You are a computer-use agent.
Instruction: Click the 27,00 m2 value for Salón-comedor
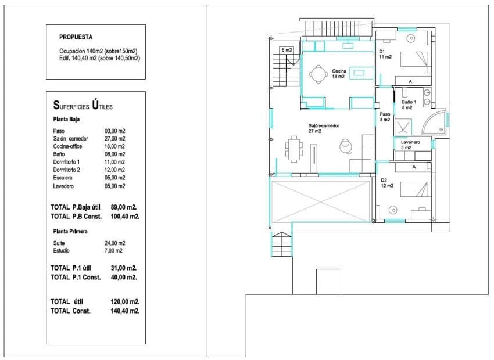[x=114, y=139]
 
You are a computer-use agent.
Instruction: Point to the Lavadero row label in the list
[x=64, y=186]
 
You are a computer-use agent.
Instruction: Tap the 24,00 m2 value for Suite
[x=114, y=243]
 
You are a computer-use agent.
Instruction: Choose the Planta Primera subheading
[x=70, y=231]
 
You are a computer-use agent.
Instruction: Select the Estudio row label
[x=61, y=250]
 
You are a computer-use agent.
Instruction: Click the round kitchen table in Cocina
[x=317, y=73]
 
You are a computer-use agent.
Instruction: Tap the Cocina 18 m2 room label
[x=339, y=73]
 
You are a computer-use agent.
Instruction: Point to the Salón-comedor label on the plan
[x=324, y=128]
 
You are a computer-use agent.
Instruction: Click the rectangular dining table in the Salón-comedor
[x=295, y=149]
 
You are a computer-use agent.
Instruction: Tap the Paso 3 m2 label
[x=384, y=117]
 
